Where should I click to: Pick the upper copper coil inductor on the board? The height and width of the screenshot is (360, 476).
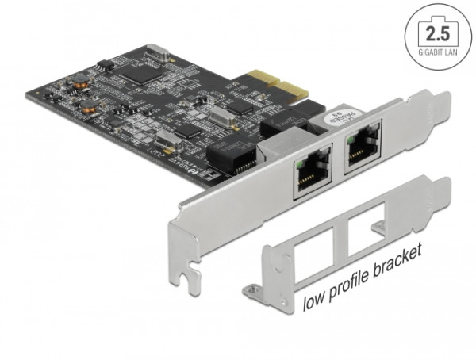(x=79, y=79)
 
